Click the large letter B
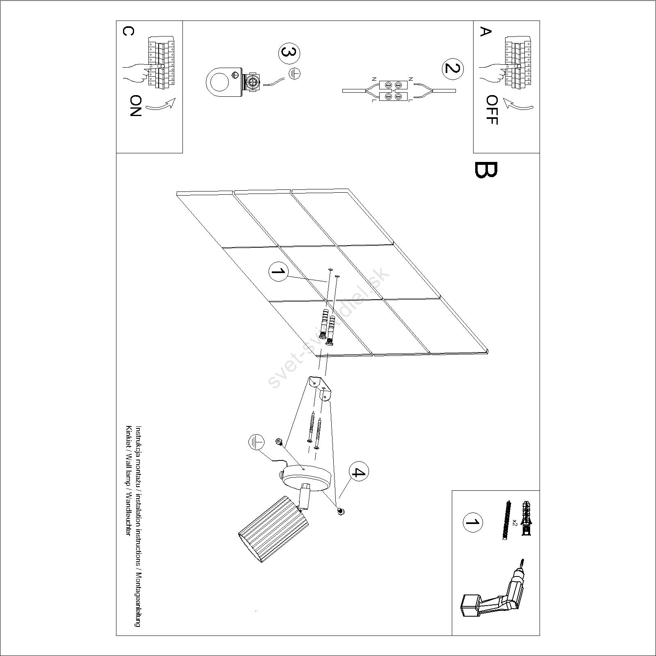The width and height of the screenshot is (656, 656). [x=486, y=170]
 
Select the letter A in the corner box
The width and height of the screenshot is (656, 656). [x=485, y=32]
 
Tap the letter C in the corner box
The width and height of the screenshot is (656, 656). [x=128, y=32]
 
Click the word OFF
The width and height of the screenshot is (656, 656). [x=491, y=110]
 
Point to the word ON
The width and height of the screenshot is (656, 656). [x=135, y=106]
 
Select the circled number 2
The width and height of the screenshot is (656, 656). [x=453, y=68]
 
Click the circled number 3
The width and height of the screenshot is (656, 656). [x=289, y=54]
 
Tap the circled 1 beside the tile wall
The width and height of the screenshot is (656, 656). [x=278, y=273]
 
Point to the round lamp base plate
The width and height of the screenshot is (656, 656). [x=307, y=477]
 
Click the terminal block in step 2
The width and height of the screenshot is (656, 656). [x=393, y=91]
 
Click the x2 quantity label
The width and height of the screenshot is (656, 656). [x=515, y=522]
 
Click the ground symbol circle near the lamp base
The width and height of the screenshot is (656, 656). [x=256, y=443]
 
